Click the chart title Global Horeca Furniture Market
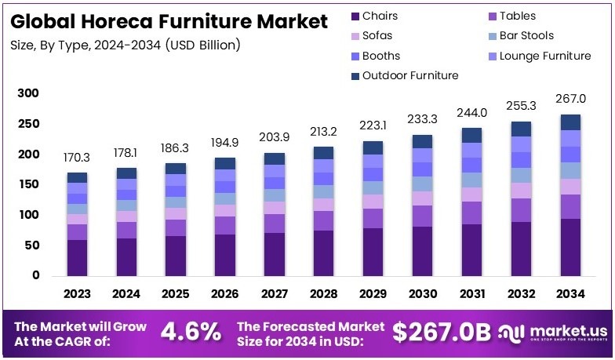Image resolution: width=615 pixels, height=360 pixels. pyautogui.click(x=169, y=21)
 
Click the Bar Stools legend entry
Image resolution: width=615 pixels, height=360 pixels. pyautogui.click(x=525, y=35)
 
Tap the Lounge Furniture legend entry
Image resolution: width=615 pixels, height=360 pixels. pyautogui.click(x=544, y=56)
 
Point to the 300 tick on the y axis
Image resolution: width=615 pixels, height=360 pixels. pyautogui.click(x=27, y=93)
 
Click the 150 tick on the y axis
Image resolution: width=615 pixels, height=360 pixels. pyautogui.click(x=27, y=184)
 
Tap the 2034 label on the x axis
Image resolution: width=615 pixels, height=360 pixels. pyautogui.click(x=570, y=293)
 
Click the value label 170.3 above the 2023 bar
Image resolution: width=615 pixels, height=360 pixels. pyautogui.click(x=77, y=158)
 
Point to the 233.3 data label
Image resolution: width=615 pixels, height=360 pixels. pyautogui.click(x=422, y=119)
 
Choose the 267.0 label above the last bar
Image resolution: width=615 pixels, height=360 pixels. pyautogui.click(x=570, y=99)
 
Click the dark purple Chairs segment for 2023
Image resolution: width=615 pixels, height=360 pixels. pyautogui.click(x=77, y=257)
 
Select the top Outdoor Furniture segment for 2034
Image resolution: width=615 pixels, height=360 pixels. pyautogui.click(x=570, y=122)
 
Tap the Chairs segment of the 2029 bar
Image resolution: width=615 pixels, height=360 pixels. pyautogui.click(x=373, y=251)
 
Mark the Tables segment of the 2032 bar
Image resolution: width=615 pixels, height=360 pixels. pyautogui.click(x=521, y=210)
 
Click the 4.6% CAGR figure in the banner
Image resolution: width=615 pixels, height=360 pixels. pyautogui.click(x=191, y=332)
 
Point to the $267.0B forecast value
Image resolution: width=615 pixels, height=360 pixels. pyautogui.click(x=441, y=332)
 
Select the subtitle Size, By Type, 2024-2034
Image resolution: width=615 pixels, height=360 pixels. pyautogui.click(x=126, y=45)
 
